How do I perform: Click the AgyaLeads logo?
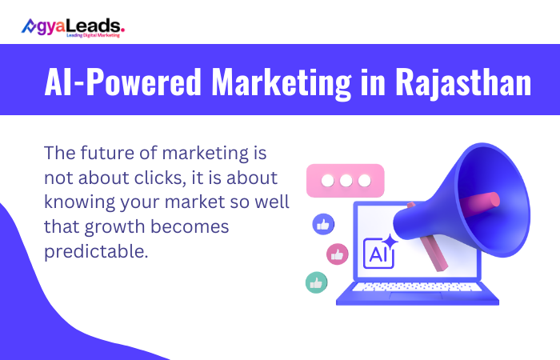pyautogui.click(x=73, y=27)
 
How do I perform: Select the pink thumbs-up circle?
pyautogui.click(x=338, y=254)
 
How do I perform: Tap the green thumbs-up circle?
pyautogui.click(x=317, y=282)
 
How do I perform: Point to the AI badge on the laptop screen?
pyautogui.click(x=378, y=254)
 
